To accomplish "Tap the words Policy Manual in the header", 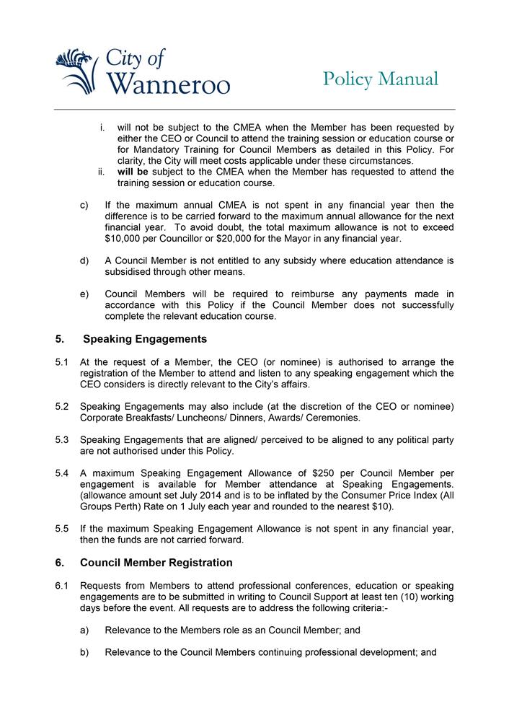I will (x=380, y=79).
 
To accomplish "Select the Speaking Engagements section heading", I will (x=145, y=339).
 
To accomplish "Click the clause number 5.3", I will (x=62, y=439).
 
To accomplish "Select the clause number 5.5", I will (x=62, y=528).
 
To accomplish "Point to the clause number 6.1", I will (x=62, y=585).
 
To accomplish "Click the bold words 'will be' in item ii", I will (x=132, y=172).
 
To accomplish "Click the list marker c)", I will (x=84, y=205).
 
